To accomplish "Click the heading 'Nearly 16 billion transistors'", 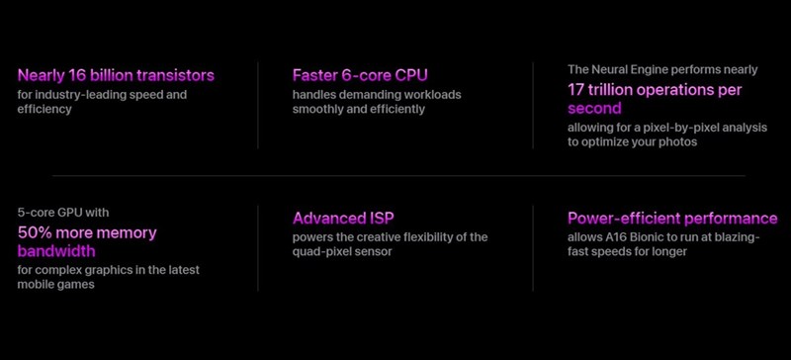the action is point(116,75).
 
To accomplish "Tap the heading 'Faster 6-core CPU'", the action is point(360,75).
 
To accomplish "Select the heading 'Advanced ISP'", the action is point(343,219).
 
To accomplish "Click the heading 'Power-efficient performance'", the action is point(672,219).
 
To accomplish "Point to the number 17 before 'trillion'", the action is point(576,90).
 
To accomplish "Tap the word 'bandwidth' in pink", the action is point(56,250).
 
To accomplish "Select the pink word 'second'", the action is point(595,108).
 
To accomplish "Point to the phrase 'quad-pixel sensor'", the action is point(342,251).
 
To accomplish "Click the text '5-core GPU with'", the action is point(63,213).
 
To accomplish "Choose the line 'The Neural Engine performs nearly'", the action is point(662,69).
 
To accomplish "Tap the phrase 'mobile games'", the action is point(56,284).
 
